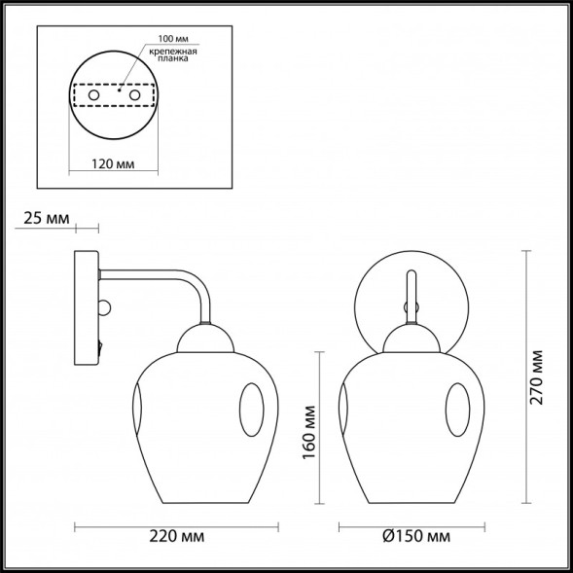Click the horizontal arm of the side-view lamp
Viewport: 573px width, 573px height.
click(x=146, y=275)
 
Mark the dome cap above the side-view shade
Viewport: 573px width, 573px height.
click(x=205, y=340)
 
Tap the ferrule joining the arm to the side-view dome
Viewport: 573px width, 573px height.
click(x=205, y=319)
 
